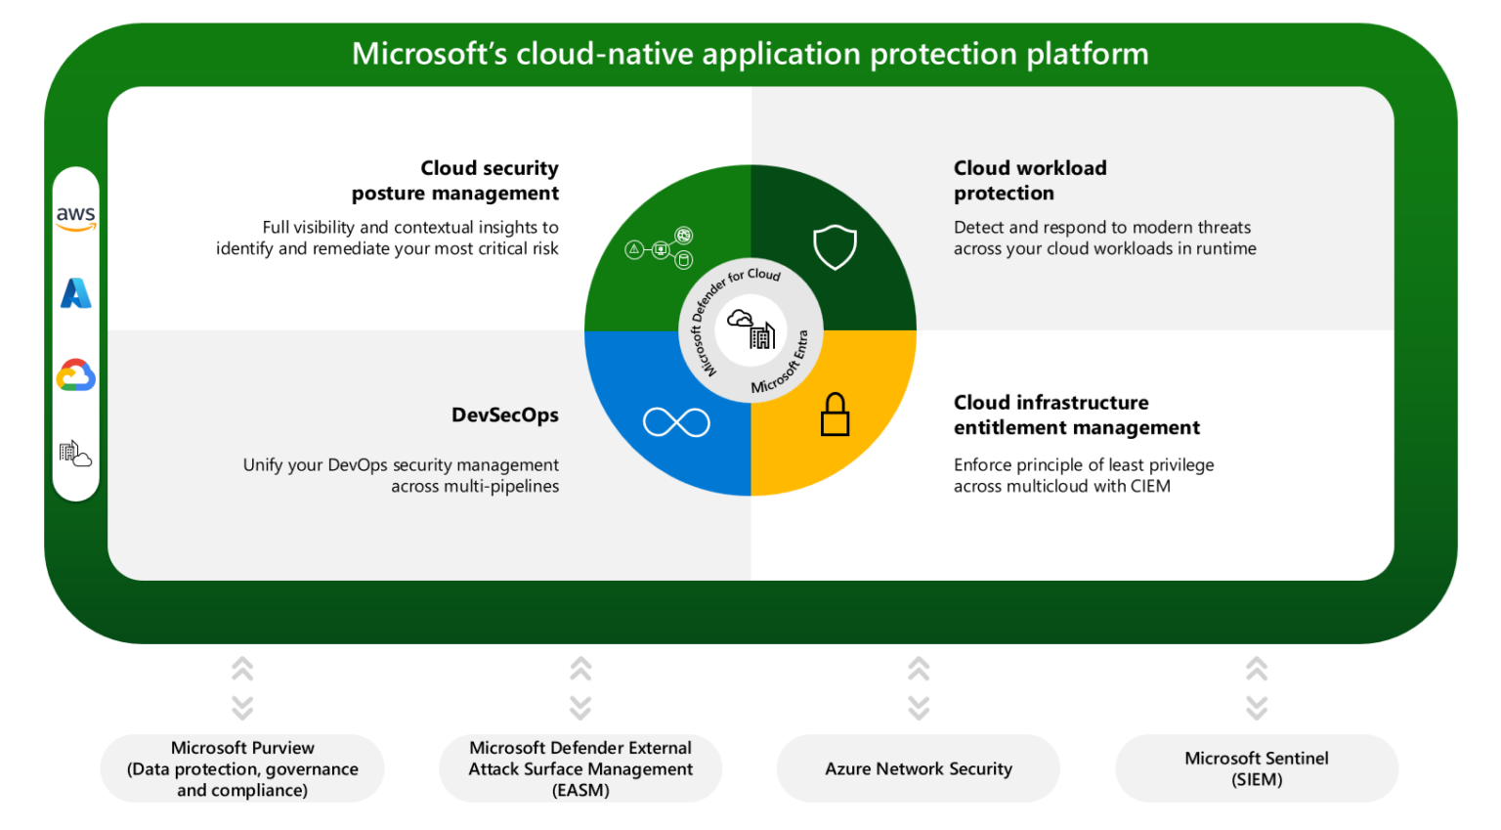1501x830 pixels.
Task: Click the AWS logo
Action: (75, 218)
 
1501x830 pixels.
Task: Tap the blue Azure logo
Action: (75, 293)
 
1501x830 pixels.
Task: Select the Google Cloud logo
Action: (75, 375)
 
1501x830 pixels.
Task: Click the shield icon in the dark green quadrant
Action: (835, 247)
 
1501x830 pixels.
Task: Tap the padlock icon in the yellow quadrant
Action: (835, 415)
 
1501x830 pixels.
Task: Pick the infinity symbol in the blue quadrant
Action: (676, 422)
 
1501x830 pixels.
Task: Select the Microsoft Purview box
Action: (242, 768)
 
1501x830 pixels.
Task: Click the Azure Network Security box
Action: (919, 768)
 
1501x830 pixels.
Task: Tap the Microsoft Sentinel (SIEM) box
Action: (1257, 768)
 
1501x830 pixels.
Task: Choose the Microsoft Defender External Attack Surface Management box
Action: (580, 768)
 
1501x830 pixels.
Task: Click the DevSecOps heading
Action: (504, 415)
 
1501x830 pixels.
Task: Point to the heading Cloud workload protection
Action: (1030, 180)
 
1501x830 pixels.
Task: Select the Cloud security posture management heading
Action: (455, 180)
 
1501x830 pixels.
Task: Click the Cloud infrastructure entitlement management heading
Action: (1076, 415)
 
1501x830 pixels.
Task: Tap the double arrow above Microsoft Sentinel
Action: (1257, 688)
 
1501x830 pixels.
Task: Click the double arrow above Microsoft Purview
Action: (242, 688)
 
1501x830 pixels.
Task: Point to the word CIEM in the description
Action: (1150, 486)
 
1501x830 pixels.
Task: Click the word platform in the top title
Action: (1088, 54)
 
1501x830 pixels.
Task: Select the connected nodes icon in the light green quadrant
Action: (660, 248)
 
